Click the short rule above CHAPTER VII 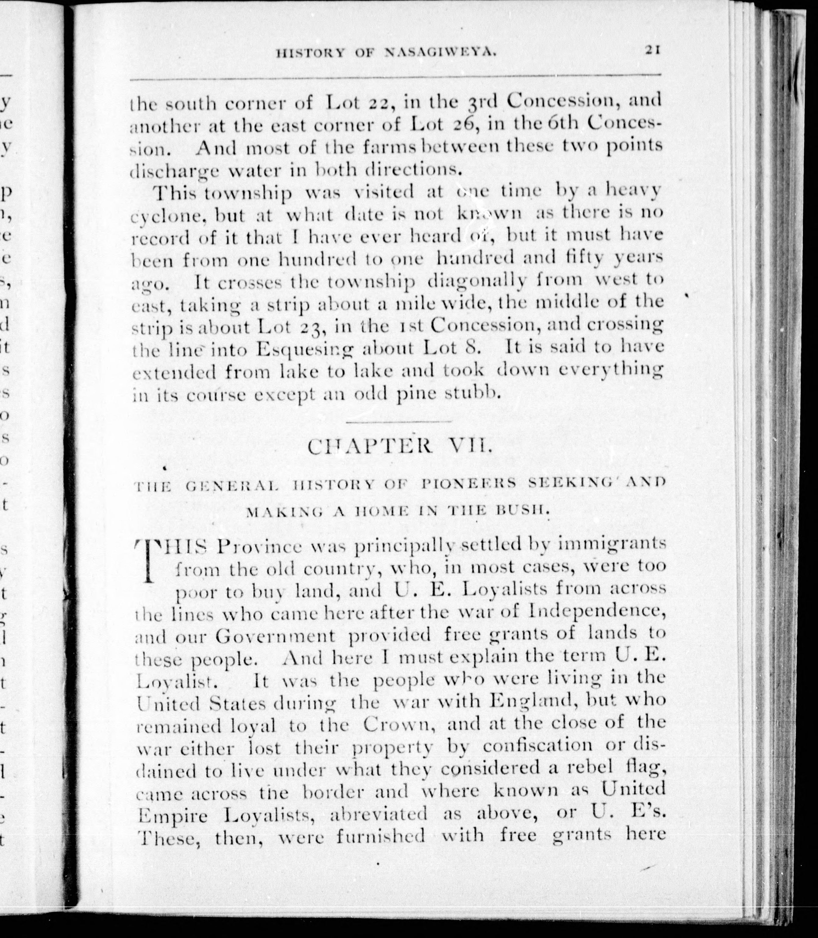click(x=399, y=421)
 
